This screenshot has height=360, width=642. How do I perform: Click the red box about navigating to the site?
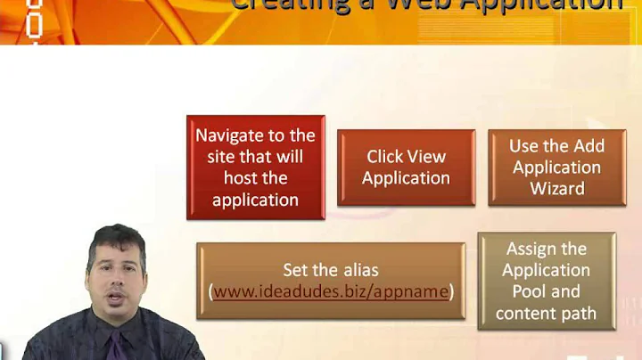(x=255, y=167)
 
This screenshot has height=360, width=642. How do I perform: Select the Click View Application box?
(x=406, y=167)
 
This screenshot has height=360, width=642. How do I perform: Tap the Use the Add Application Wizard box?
(x=557, y=167)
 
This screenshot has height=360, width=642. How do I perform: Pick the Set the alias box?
(x=331, y=280)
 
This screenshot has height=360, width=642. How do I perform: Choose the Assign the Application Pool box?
(x=546, y=281)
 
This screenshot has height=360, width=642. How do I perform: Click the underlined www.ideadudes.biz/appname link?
(x=331, y=291)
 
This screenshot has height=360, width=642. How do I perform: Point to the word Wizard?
(x=557, y=189)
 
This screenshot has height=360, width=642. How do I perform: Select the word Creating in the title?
(x=285, y=5)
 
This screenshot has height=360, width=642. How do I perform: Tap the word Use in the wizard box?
(x=525, y=146)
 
